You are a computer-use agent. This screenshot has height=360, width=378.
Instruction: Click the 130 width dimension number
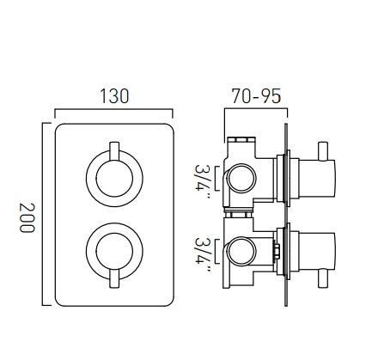(113, 95)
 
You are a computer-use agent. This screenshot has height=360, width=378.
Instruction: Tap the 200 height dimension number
(27, 218)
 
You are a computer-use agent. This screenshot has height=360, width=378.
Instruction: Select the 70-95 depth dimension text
(256, 95)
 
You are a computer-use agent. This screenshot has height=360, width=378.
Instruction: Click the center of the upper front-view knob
(113, 180)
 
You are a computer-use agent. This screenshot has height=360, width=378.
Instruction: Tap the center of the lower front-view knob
(113, 252)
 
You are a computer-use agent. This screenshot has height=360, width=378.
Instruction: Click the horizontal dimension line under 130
(113, 109)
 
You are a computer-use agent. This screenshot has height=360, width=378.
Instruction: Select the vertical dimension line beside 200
(43, 215)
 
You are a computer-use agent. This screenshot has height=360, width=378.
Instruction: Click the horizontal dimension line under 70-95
(255, 109)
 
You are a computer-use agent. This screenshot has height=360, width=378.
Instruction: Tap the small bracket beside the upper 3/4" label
(217, 180)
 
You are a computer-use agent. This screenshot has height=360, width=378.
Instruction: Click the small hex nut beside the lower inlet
(276, 253)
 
